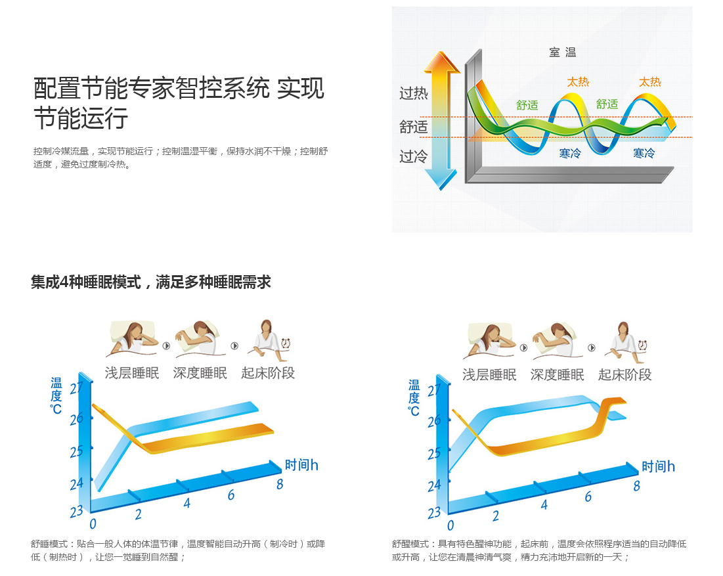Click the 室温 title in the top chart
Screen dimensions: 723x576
[x=562, y=52]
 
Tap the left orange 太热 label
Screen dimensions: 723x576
[x=578, y=82]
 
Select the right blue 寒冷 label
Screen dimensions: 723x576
[x=644, y=153]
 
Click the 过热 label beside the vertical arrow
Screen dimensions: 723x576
[x=413, y=93]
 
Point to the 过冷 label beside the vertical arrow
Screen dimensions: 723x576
[x=413, y=157]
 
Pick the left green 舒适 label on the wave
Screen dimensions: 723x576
[x=527, y=105]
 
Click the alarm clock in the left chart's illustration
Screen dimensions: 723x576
[x=286, y=343]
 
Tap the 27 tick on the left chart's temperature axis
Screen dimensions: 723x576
[x=76, y=388]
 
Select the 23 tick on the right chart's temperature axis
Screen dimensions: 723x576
[x=434, y=513]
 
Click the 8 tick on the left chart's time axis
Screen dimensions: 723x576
[x=280, y=484]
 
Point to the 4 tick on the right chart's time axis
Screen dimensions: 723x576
[x=544, y=505]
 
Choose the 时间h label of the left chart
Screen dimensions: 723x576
[x=301, y=465]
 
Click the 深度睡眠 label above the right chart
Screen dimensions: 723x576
[x=557, y=374]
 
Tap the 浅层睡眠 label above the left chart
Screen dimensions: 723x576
[x=132, y=372]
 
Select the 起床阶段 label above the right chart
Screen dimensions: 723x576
[x=624, y=374]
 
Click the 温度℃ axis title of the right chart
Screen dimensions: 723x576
[x=414, y=397]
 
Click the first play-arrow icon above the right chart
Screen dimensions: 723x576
[x=524, y=347]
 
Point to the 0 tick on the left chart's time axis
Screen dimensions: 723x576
[x=93, y=524]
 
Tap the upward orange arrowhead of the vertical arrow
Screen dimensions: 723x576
[x=442, y=62]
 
